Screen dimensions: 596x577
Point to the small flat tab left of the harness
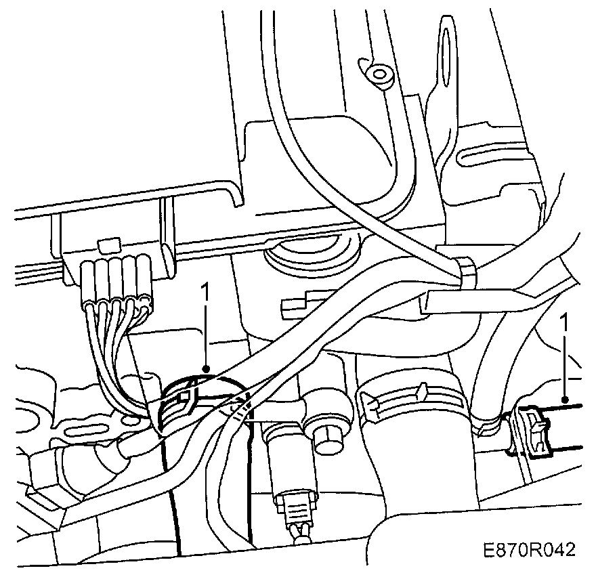(298, 304)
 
